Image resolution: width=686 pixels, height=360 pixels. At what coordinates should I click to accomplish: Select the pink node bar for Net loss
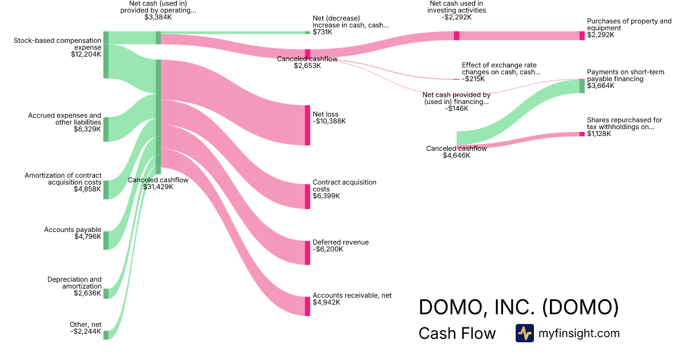point(307,125)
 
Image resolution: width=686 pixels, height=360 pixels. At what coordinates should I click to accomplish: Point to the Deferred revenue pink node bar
point(307,253)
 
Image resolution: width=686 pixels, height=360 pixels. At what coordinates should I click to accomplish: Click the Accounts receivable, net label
point(352,295)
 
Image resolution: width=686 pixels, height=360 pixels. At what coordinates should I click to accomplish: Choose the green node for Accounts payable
point(106,241)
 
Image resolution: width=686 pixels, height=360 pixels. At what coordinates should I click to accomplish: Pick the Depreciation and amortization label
point(74,283)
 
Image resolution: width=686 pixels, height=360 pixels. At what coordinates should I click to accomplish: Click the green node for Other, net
point(106,335)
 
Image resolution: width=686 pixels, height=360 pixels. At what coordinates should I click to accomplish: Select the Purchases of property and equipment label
point(629,25)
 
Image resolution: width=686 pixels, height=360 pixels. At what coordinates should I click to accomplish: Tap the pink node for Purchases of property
point(582,35)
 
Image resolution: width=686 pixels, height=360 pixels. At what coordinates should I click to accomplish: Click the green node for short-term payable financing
point(582,86)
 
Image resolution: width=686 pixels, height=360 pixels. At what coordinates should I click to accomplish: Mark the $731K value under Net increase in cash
point(322,32)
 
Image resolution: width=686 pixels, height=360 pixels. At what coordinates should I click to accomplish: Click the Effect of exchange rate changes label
point(501,69)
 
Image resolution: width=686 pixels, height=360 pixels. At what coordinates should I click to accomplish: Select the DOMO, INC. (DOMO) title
point(519,307)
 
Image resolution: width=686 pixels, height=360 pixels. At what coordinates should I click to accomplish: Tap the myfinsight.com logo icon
point(524,333)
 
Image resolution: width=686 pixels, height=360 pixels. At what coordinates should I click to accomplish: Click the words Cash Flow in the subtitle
point(457,333)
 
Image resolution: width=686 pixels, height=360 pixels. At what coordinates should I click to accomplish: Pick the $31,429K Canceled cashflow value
point(158,187)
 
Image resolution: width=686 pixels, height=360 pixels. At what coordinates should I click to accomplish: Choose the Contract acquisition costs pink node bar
point(307,196)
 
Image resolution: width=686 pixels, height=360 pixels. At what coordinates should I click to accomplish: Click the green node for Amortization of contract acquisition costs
point(106,190)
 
